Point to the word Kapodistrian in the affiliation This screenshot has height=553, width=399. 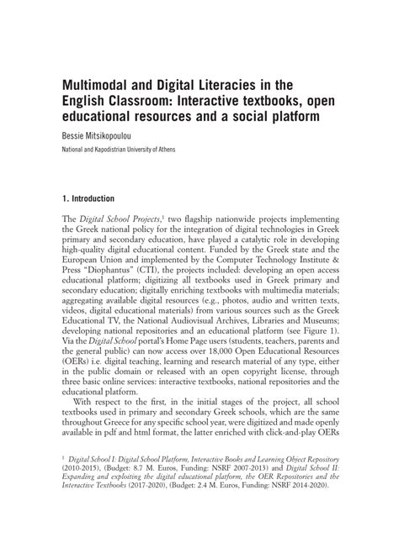pyautogui.click(x=120, y=150)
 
